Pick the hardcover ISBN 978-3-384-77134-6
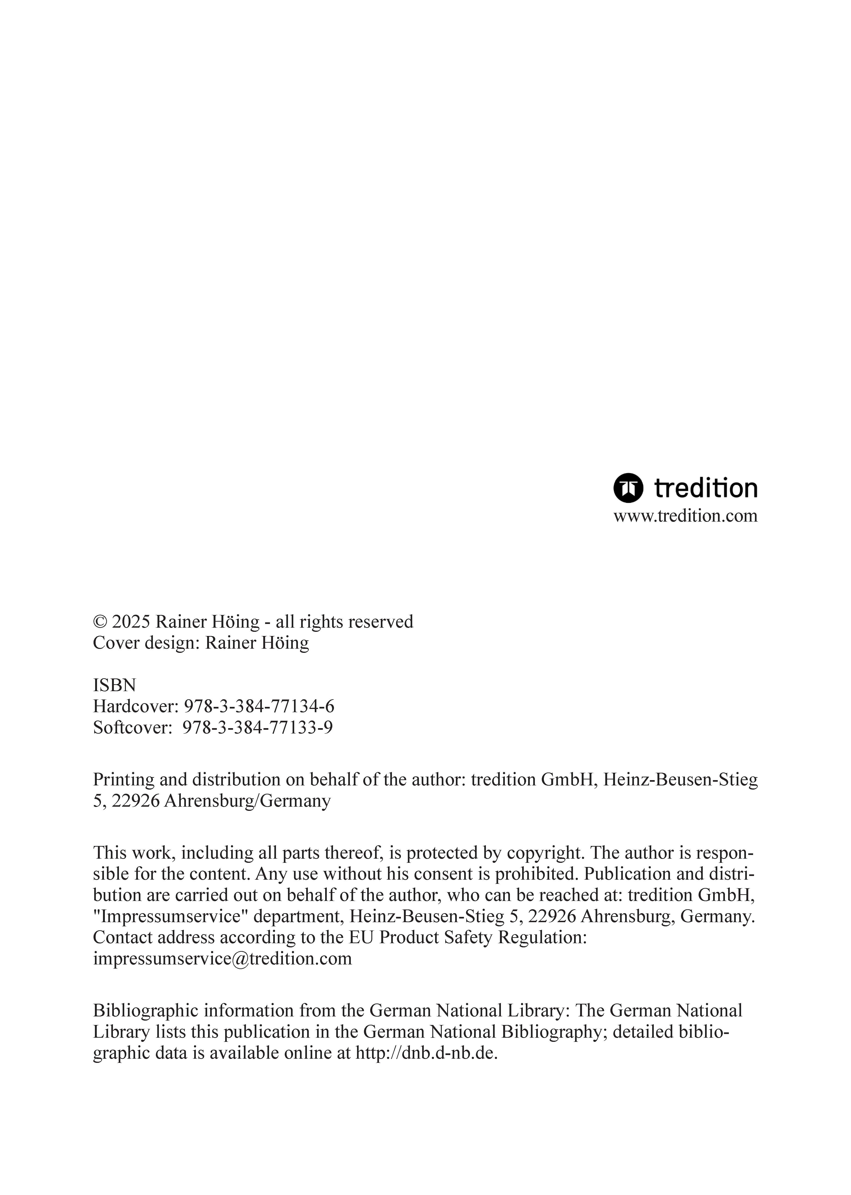point(259,706)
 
